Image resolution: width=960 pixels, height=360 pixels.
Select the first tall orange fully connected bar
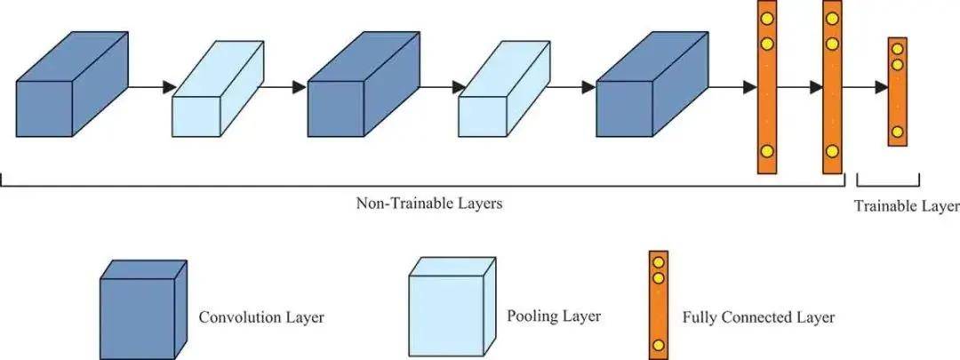pos(766,87)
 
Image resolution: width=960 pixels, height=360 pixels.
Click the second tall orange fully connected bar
pos(832,87)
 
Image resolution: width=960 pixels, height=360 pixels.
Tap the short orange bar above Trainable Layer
pos(897,92)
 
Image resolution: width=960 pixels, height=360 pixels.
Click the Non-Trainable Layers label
pos(429,204)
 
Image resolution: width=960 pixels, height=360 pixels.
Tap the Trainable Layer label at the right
pos(906,206)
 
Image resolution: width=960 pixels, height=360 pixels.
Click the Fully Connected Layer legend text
pos(758,316)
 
